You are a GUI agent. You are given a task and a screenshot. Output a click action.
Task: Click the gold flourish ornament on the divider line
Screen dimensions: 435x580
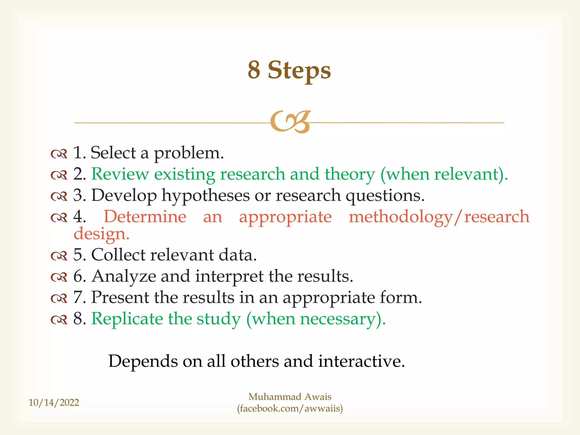pyautogui.click(x=291, y=122)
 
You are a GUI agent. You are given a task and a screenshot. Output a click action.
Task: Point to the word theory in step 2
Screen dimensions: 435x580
pyautogui.click(x=349, y=174)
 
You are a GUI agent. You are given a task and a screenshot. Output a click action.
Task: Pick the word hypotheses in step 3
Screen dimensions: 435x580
pyautogui.click(x=205, y=196)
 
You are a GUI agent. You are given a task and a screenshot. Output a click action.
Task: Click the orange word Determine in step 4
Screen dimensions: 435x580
pyautogui.click(x=145, y=217)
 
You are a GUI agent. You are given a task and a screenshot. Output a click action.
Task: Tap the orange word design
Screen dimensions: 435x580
pyautogui.click(x=101, y=234)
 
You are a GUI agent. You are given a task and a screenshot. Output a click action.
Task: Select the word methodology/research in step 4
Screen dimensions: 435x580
pyautogui.click(x=439, y=217)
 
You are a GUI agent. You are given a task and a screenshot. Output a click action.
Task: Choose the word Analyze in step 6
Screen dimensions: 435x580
pyautogui.click(x=124, y=276)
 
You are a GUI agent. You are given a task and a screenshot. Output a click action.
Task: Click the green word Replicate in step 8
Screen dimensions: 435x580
pyautogui.click(x=127, y=319)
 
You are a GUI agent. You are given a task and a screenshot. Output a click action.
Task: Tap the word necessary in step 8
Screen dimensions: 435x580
pyautogui.click(x=337, y=319)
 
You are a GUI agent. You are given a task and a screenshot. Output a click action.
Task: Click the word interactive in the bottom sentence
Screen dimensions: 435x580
pyautogui.click(x=361, y=361)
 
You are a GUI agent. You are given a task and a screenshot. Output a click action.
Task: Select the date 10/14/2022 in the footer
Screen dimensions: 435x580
pyautogui.click(x=54, y=402)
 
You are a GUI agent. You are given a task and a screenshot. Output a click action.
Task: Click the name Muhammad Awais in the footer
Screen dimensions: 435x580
pyautogui.click(x=290, y=397)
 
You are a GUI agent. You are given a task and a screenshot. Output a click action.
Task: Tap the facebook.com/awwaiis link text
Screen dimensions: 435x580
pyautogui.click(x=290, y=409)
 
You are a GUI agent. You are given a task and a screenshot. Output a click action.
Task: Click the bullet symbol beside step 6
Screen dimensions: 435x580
pyautogui.click(x=59, y=277)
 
